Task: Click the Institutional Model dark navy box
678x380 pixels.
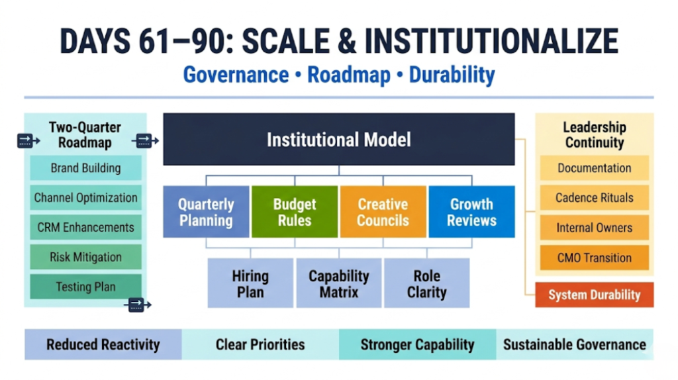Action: click(338, 139)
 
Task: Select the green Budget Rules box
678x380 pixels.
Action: click(295, 212)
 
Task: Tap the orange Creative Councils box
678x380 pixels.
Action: click(383, 212)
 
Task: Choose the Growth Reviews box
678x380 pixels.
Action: click(471, 212)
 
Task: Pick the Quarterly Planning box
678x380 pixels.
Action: click(206, 212)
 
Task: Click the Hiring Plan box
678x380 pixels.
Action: click(250, 283)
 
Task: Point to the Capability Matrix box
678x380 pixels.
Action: click(338, 283)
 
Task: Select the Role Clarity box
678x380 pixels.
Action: click(426, 283)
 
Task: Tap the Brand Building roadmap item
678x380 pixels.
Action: click(85, 168)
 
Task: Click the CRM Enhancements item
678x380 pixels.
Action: click(85, 228)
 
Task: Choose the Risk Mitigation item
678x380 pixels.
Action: click(85, 258)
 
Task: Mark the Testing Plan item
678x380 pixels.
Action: click(85, 287)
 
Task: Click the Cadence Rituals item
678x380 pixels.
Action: click(594, 198)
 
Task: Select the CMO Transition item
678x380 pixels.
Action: click(594, 258)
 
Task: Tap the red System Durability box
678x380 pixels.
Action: click(594, 295)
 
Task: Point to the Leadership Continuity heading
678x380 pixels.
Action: click(594, 134)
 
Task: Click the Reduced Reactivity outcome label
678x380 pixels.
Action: click(103, 344)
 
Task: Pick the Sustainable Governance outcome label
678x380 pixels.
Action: click(574, 344)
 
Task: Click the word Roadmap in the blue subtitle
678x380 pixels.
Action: click(349, 75)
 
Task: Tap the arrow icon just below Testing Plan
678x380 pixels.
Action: click(137, 305)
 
